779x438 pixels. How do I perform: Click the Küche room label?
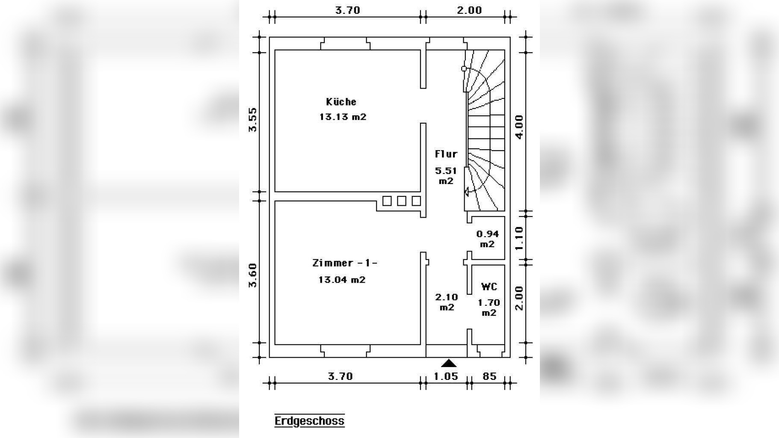coord(341,102)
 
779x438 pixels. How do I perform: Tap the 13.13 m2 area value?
coord(343,117)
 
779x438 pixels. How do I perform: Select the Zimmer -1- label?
coord(345,263)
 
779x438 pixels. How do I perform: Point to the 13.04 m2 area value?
coord(342,280)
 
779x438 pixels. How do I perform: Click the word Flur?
coord(446,154)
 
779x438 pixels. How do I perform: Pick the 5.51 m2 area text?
coord(446,176)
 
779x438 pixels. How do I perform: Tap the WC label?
coord(489,287)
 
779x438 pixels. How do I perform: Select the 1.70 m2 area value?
coord(489,308)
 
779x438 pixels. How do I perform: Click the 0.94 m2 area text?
coord(487,239)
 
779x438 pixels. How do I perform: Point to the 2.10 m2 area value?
coord(446,302)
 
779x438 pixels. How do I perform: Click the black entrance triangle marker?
coord(449,363)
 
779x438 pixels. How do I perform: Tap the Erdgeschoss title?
coord(309,421)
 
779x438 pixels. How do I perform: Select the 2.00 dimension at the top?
coord(469,10)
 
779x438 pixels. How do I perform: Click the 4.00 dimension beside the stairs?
coord(519,127)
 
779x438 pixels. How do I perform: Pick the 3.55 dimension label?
coord(252,120)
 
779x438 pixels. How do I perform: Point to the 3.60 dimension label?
coord(252,275)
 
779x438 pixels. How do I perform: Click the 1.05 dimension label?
coord(446,376)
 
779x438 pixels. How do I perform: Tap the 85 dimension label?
coord(489,376)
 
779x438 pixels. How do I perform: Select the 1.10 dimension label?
coord(519,239)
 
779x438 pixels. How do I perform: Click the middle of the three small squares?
coord(401,201)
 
